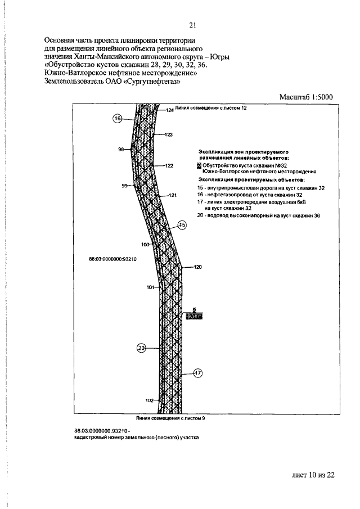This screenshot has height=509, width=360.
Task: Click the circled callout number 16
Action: [x=118, y=119]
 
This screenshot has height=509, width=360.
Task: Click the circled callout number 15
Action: [x=182, y=225]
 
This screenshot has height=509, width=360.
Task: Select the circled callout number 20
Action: [x=141, y=348]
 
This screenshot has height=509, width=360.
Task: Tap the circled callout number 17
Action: [x=197, y=372]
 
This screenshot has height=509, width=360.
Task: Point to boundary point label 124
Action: [x=170, y=111]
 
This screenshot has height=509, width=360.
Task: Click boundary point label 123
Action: [x=168, y=135]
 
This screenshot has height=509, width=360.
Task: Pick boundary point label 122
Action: [x=169, y=166]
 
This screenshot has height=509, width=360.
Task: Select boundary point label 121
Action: [x=173, y=195]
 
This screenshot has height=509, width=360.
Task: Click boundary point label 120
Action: [x=197, y=267]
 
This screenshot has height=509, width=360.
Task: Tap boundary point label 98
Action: [x=121, y=150]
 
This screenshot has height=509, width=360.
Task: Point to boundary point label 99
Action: [x=125, y=186]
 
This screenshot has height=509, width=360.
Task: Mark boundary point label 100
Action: [x=145, y=245]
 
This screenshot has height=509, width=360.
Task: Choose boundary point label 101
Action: [x=150, y=287]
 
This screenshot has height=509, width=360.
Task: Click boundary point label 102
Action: [x=149, y=400]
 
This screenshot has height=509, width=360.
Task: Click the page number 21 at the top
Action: [x=192, y=25]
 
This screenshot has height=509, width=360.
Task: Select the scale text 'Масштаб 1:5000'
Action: [x=307, y=97]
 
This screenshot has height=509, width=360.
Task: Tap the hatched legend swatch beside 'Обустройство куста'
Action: [x=199, y=166]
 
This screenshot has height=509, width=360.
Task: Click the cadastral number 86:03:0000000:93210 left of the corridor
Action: [x=114, y=259]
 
